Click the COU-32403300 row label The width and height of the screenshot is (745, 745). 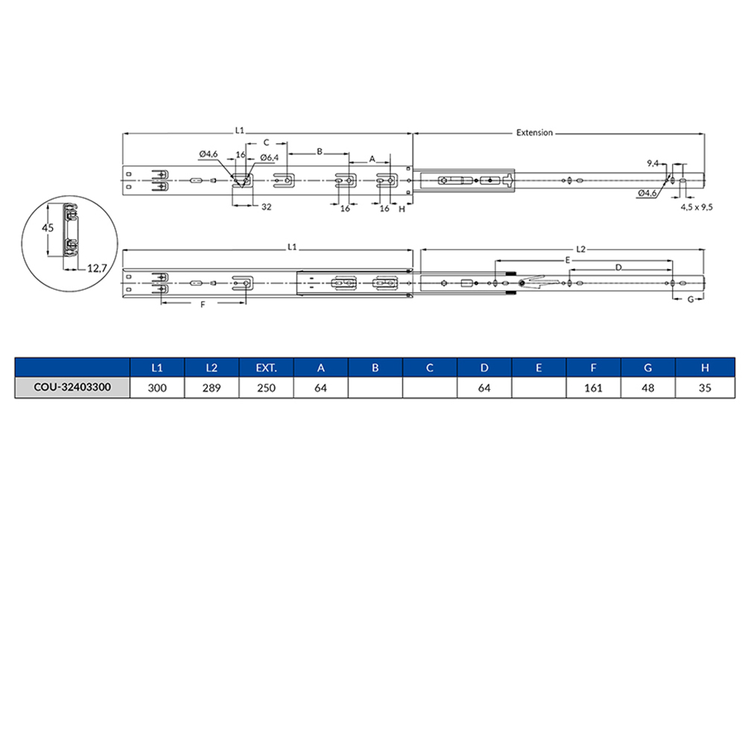click(x=72, y=388)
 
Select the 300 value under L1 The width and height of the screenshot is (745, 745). click(x=157, y=388)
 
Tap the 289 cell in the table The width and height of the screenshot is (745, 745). click(x=212, y=388)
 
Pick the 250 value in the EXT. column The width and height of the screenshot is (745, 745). click(x=266, y=388)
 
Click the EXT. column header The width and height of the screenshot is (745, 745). click(x=266, y=368)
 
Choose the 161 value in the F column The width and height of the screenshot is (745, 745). click(x=593, y=388)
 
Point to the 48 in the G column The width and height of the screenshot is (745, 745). click(x=647, y=388)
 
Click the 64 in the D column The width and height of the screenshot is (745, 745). click(x=484, y=388)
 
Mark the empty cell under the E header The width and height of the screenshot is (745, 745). click(x=539, y=388)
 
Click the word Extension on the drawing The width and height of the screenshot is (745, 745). click(x=534, y=133)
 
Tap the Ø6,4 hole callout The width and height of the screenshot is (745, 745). click(x=269, y=157)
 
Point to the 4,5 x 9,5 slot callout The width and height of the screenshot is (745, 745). click(x=697, y=208)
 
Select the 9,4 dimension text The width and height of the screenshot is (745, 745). click(x=653, y=162)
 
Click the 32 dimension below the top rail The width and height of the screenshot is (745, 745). click(x=265, y=208)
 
